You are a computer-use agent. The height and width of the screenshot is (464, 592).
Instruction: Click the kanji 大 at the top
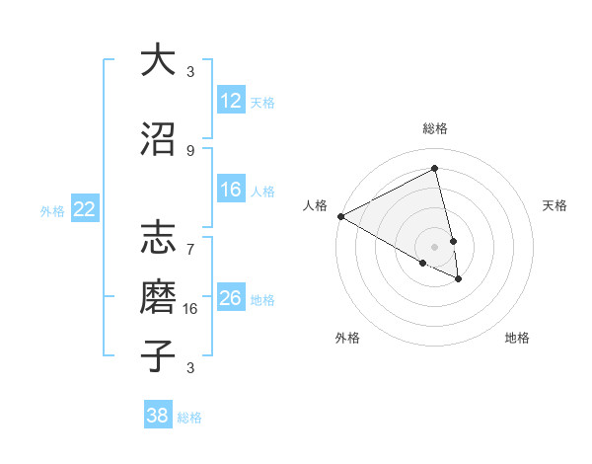157,60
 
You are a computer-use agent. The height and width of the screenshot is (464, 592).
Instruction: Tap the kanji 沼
157,139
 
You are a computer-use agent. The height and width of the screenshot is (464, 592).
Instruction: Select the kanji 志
157,240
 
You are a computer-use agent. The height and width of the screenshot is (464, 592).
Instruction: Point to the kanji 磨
157,297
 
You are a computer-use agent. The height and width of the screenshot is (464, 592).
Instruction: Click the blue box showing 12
231,101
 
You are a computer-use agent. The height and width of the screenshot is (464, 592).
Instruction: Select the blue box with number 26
231,298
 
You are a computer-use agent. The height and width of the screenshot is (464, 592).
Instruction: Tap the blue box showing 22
84,209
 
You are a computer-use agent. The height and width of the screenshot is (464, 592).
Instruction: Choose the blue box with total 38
158,416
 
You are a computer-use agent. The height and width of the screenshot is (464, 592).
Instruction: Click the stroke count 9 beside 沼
190,150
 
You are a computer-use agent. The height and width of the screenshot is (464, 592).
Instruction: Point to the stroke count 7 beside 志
190,239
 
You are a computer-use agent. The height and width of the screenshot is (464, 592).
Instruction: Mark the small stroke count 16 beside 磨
191,308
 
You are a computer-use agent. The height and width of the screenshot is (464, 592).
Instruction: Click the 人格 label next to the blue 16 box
262,192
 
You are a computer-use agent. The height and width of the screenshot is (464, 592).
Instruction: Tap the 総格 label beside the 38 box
189,418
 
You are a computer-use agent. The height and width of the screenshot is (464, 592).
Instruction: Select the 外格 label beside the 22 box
52,210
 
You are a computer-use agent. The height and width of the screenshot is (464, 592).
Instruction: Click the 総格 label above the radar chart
435,128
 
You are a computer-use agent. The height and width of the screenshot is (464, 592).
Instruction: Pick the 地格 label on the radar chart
517,338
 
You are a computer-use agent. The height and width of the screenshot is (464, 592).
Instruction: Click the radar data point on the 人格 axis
340,216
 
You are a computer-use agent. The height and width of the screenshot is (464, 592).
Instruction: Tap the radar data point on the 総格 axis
435,168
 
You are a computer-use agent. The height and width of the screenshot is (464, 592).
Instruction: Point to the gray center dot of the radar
435,246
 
